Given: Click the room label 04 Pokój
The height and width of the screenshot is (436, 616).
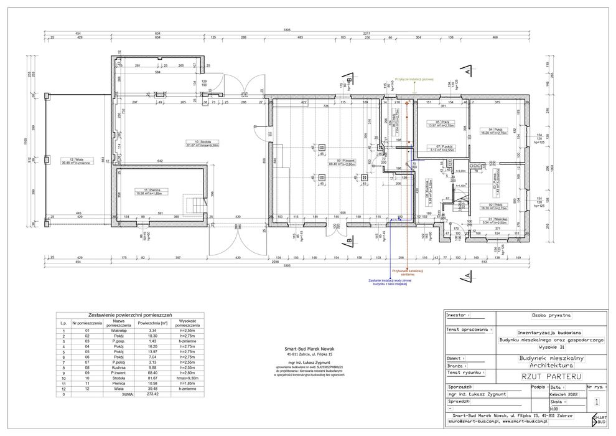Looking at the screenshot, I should [495, 131].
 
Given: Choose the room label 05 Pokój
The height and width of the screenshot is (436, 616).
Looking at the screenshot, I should [442, 123].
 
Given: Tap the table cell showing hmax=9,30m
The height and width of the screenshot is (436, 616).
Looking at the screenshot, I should [188, 377].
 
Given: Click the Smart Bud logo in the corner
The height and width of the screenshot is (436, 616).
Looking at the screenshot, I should [599, 420].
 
